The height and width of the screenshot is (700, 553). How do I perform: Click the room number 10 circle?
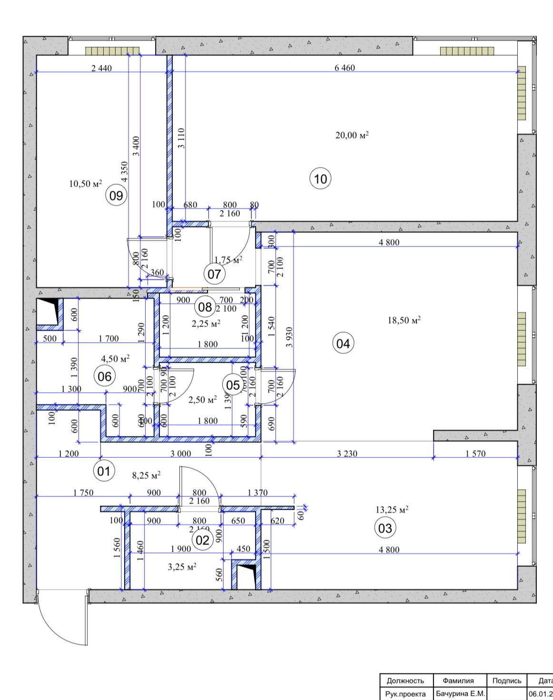(321, 179)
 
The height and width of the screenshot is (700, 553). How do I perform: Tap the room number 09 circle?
(116, 196)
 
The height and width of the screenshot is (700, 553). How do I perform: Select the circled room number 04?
(343, 343)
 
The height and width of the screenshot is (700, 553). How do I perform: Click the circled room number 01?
(104, 471)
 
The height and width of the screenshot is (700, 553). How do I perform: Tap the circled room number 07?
(214, 274)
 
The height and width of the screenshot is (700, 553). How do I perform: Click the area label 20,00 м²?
(352, 136)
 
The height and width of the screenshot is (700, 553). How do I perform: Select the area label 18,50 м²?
(404, 320)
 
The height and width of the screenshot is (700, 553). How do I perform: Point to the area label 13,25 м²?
(392, 510)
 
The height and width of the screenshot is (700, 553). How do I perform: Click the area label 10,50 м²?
(86, 184)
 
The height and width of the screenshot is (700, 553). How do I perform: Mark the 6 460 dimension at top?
(345, 68)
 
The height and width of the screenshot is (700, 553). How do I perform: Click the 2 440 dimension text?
(101, 68)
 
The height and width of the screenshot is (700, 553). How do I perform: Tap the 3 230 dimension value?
(347, 454)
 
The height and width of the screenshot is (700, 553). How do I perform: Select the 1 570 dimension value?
(475, 454)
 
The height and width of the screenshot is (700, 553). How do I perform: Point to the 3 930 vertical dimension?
(289, 337)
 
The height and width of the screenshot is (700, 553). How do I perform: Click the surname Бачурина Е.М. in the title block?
(460, 694)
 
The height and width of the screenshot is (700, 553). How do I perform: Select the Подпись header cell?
(507, 680)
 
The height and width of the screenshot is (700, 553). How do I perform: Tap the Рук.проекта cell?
(405, 694)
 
